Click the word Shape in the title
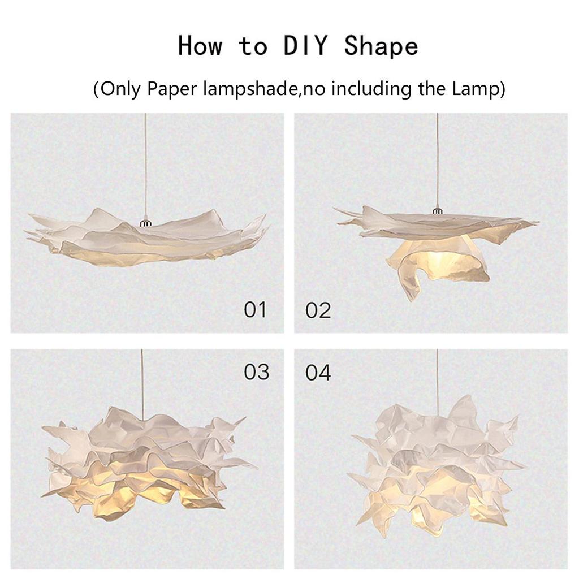381,45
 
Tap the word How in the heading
200,45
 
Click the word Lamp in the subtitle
478,89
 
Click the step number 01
254,310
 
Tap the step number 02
318,310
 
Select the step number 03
256,372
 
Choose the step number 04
318,373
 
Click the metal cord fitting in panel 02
437,211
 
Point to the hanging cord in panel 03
141,384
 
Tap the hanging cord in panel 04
437,379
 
